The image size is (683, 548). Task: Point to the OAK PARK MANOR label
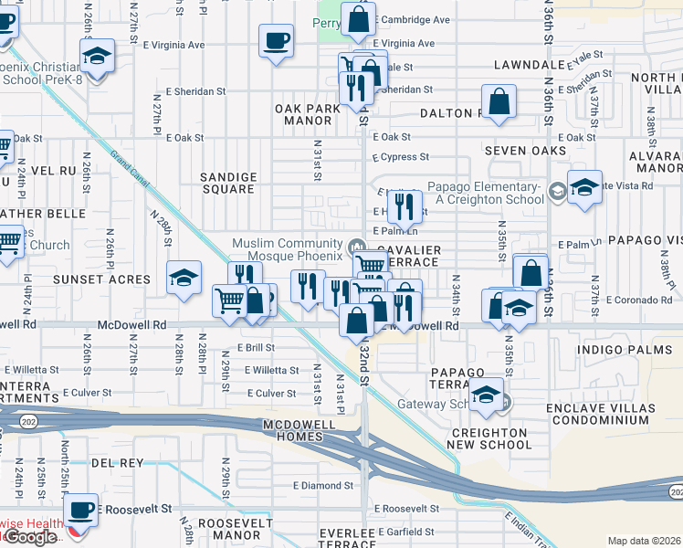pos(307,114)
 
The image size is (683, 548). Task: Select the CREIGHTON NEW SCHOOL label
pos(489,438)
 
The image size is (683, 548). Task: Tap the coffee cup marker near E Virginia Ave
pos(277,40)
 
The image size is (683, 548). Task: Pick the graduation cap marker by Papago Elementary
pos(584,186)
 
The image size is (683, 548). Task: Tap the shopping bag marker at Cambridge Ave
pos(359,17)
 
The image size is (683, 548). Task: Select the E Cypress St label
pos(400,157)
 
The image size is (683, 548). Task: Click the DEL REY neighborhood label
pos(117,463)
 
